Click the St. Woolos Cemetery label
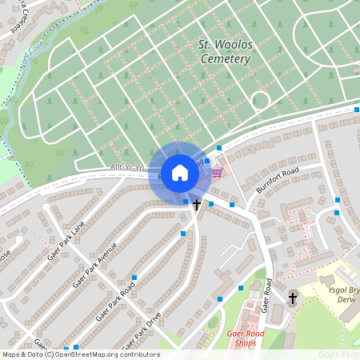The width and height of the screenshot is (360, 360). tap(224, 53)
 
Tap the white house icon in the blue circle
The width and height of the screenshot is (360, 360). tap(180, 172)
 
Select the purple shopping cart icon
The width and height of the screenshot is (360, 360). tap(217, 172)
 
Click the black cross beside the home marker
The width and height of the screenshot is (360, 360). tap(196, 206)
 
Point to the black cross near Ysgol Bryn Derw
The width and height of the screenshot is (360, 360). tap(293, 298)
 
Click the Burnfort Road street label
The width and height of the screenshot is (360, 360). tap(277, 180)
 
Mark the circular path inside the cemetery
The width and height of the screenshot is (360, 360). tap(260, 101)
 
